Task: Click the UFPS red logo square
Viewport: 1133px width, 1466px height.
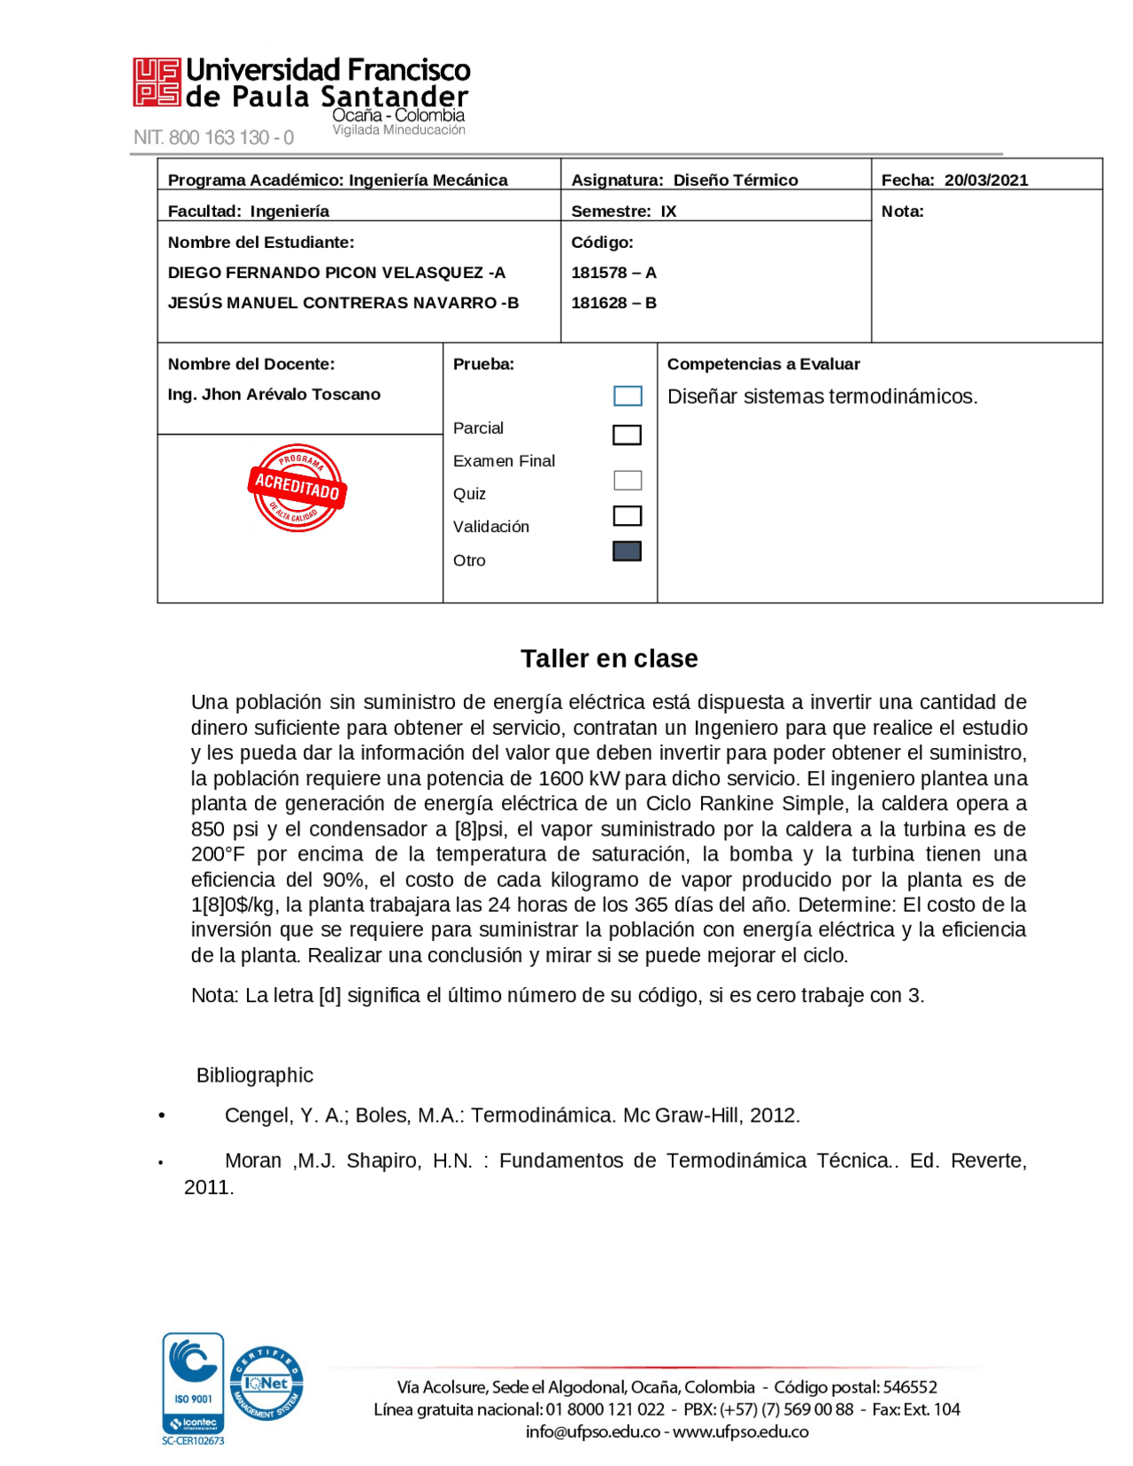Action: [157, 82]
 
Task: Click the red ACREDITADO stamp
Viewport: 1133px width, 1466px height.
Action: [297, 487]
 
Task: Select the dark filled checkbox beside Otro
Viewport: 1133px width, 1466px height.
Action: [627, 552]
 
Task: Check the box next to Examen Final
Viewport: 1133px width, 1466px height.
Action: [627, 435]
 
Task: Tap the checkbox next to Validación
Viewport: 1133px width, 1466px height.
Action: [627, 515]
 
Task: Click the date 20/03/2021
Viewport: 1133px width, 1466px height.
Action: [985, 180]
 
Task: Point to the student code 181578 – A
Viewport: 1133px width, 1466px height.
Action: [613, 273]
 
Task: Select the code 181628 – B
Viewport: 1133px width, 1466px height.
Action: [613, 303]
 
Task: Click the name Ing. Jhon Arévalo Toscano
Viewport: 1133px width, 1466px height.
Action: [274, 394]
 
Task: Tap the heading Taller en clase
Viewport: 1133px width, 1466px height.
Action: [608, 658]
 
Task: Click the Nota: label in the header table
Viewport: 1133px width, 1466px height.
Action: [902, 211]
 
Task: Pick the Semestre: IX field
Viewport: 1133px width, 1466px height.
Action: [623, 211]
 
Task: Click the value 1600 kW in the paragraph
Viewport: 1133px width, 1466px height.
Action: [579, 778]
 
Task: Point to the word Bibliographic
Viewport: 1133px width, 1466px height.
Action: [254, 1075]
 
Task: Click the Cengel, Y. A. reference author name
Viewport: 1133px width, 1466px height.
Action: [283, 1115]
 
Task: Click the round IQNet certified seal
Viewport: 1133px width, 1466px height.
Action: [266, 1383]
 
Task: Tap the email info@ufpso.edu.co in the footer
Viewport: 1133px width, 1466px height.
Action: [592, 1431]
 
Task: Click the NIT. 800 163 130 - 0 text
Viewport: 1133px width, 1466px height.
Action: [213, 137]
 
